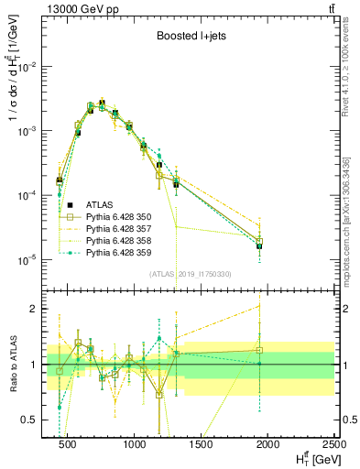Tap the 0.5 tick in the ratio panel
click(37, 420)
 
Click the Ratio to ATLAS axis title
click(11, 365)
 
